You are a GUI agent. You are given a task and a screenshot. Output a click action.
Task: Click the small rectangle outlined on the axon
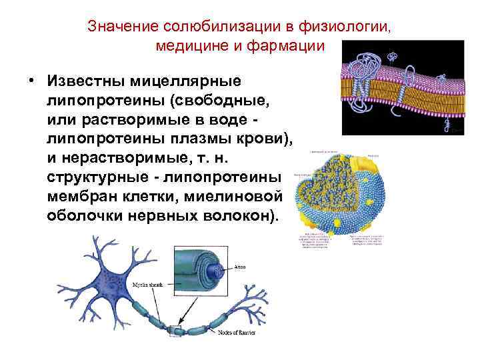click(177, 329)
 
